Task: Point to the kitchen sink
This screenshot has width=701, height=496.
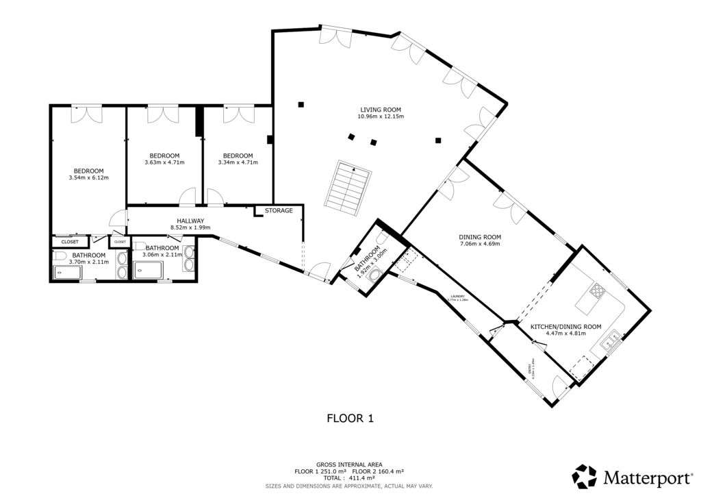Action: [614, 336]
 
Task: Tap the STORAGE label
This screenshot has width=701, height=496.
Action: [279, 210]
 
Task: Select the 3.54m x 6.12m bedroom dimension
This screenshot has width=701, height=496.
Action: [88, 178]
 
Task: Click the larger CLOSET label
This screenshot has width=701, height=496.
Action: [70, 242]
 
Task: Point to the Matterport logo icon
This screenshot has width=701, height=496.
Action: [585, 476]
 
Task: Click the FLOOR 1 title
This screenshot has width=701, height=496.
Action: [350, 417]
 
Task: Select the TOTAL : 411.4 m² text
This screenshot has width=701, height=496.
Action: [350, 479]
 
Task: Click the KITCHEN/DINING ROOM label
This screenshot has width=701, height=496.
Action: [566, 327]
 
